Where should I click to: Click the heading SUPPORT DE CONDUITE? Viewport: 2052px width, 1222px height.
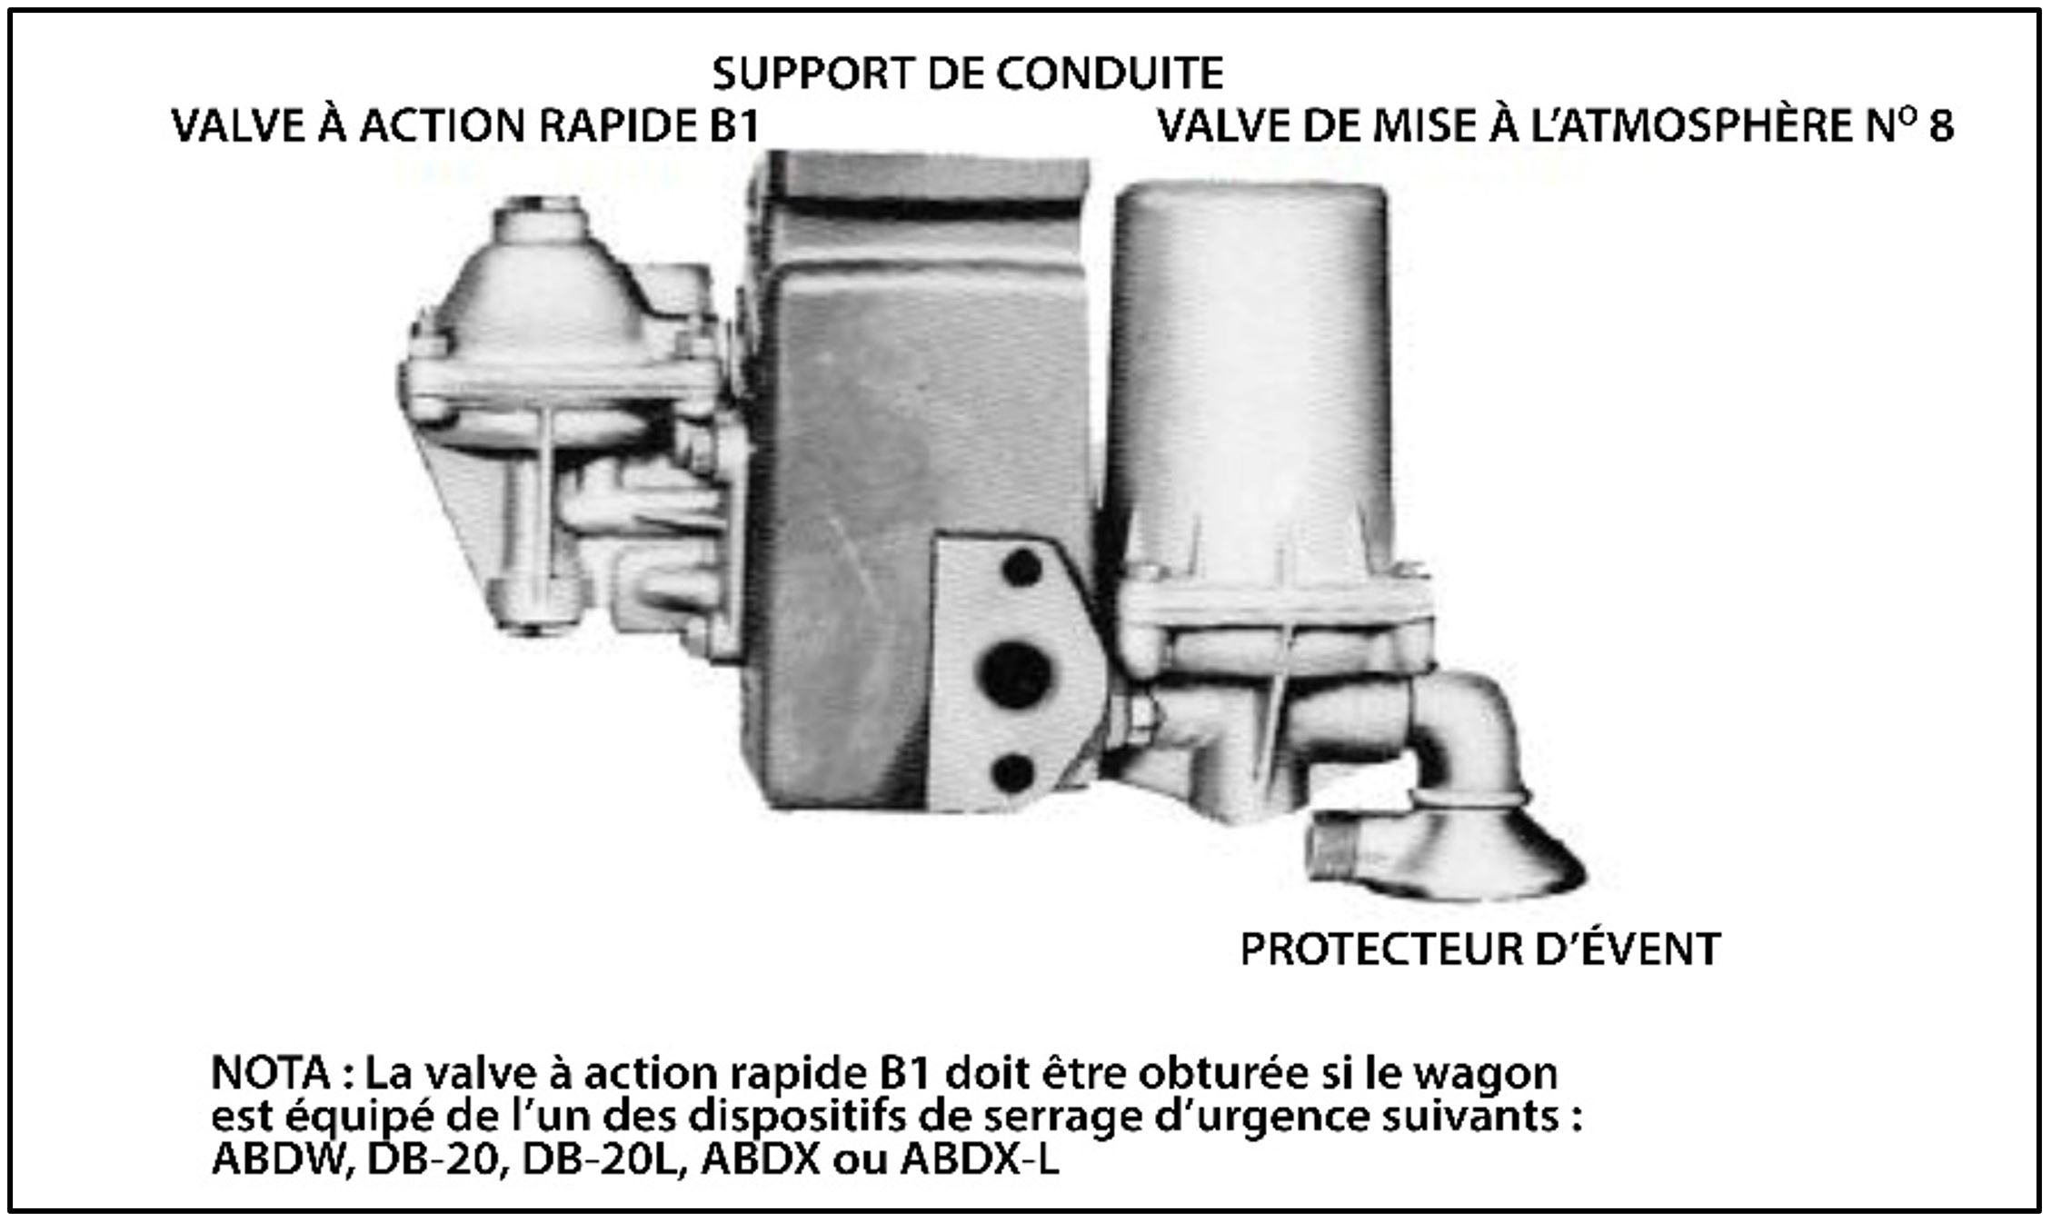tap(968, 74)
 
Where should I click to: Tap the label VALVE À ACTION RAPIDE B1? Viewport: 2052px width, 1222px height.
tap(465, 126)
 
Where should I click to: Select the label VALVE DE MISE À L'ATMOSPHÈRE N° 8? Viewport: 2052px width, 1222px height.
tap(1555, 126)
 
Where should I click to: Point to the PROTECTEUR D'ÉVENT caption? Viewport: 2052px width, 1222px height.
tap(1480, 949)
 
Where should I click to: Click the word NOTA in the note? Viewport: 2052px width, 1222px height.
tap(270, 1073)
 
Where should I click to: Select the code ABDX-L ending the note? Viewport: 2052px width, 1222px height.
tap(980, 1160)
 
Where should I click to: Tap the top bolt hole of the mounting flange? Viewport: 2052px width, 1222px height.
tap(1021, 568)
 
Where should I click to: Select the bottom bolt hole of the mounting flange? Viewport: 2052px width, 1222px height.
tap(1014, 772)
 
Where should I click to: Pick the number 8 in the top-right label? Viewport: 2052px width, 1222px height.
tap(1940, 127)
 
